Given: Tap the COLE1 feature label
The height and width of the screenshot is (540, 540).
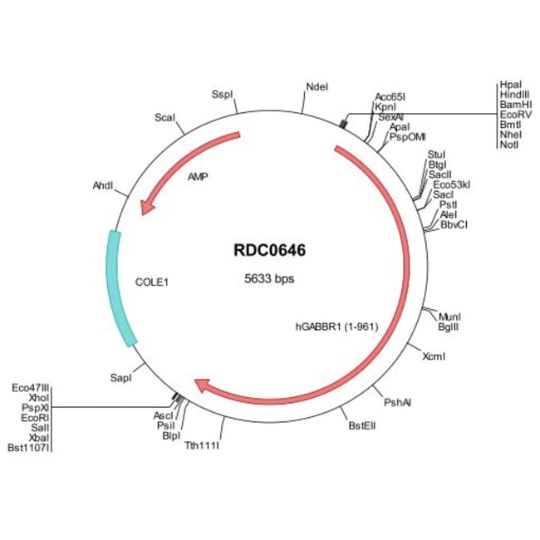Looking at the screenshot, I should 152,282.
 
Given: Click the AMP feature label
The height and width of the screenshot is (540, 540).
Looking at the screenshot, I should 198,177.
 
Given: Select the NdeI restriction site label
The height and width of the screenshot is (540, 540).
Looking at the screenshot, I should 317,86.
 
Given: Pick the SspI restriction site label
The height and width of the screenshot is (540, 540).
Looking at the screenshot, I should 223,94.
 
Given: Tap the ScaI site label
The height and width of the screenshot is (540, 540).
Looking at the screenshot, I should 164,118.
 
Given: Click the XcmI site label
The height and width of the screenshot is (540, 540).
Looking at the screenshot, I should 434,357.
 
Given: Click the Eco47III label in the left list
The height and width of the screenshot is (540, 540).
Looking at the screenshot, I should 31,387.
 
